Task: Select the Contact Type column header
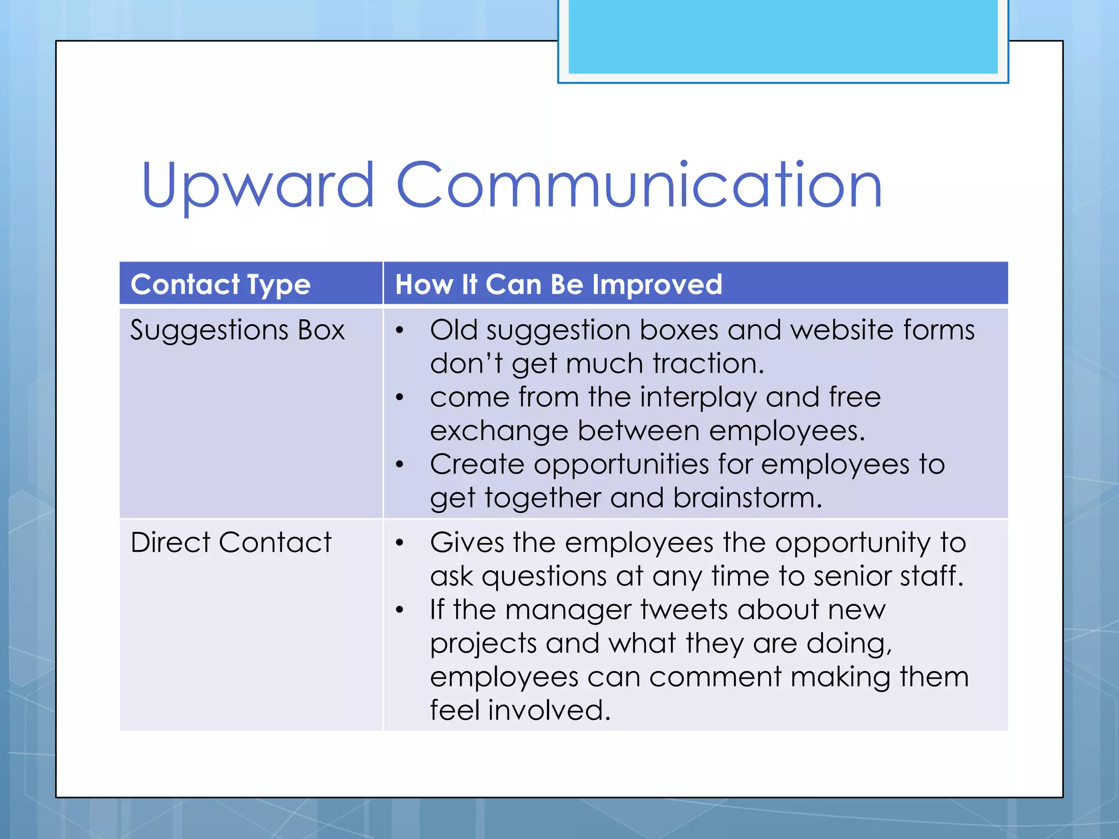[220, 285]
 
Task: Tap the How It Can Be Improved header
[558, 285]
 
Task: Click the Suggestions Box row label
[237, 330]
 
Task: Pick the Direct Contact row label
[231, 542]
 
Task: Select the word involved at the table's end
[549, 710]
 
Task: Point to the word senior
[852, 576]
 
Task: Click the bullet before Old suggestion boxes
[400, 330]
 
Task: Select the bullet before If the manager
[400, 610]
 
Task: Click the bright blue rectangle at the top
[782, 36]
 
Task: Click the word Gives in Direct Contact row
[467, 543]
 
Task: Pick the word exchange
[498, 431]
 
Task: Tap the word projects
[482, 643]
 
